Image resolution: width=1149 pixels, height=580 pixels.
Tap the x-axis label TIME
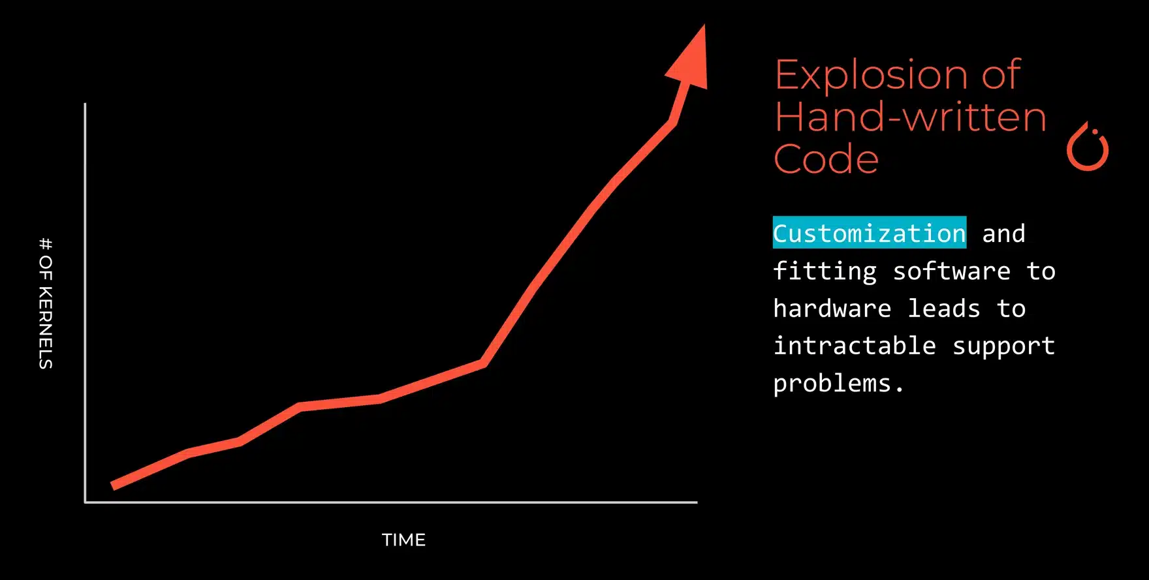click(x=403, y=540)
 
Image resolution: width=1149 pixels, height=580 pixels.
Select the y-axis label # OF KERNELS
click(x=46, y=303)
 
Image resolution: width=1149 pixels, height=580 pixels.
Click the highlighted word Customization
click(x=869, y=233)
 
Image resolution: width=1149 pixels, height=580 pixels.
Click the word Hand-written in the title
click(x=911, y=117)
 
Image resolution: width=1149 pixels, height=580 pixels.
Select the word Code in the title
click(x=826, y=159)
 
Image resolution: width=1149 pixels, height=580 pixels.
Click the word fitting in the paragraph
click(x=825, y=271)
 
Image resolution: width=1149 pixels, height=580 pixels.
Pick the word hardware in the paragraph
click(x=832, y=309)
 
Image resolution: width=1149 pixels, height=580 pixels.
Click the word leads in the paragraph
click(x=944, y=309)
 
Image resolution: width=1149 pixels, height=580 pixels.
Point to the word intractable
click(x=855, y=346)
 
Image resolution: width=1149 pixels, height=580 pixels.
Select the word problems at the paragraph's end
click(x=838, y=384)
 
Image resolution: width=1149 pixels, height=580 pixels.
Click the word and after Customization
click(x=1003, y=234)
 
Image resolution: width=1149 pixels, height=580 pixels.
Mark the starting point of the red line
click(x=113, y=486)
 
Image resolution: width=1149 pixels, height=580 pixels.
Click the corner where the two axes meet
click(x=86, y=502)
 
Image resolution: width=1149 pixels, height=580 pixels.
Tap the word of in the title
click(x=1001, y=75)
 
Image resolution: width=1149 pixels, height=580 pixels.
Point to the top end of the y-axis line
click(x=85, y=103)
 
